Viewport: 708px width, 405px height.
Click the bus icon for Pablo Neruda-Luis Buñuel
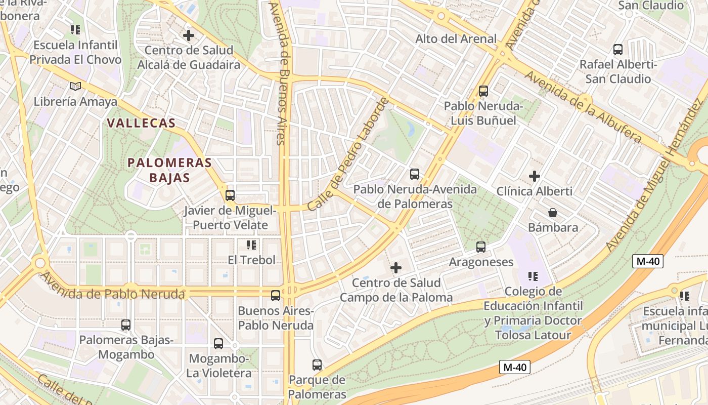pos(483,91)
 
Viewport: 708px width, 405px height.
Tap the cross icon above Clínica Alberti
pos(534,176)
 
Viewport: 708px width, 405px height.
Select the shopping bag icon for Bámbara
pos(553,213)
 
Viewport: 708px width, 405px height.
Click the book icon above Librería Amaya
pos(75,87)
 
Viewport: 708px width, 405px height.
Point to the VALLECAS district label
pos(142,123)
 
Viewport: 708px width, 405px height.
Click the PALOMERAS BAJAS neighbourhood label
pos(169,170)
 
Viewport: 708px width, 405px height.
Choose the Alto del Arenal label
pos(456,39)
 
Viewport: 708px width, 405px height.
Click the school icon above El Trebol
pos(251,246)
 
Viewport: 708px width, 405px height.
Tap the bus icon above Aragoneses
pos(480,247)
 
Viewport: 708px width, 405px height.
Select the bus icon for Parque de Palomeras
pos(317,364)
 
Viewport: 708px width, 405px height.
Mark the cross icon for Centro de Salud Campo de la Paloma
pos(396,267)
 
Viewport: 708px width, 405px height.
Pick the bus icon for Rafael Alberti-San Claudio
pos(617,50)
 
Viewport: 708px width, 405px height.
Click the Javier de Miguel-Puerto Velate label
pos(230,218)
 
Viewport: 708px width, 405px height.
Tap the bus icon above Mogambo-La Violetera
pos(218,344)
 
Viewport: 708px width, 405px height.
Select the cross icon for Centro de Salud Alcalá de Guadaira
pos(189,35)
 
